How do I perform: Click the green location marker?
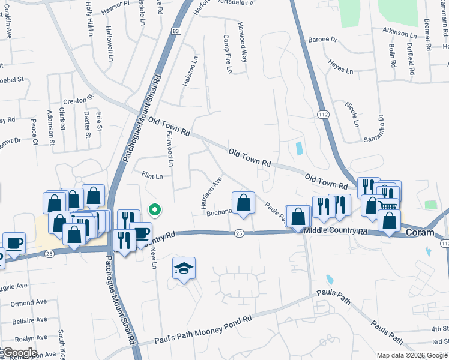pyautogui.click(x=154, y=210)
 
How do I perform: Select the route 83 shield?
pyautogui.click(x=175, y=31)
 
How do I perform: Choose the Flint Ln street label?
pyautogui.click(x=152, y=176)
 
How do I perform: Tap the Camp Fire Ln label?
pyautogui.click(x=227, y=54)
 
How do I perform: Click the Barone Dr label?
pyautogui.click(x=322, y=40)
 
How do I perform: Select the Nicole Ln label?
pyautogui.click(x=352, y=113)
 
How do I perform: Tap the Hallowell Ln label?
pyautogui.click(x=110, y=44)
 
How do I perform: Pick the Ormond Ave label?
pyautogui.click(x=28, y=302)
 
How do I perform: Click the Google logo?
pyautogui.click(x=19, y=353)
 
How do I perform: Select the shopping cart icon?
pyautogui.click(x=388, y=205)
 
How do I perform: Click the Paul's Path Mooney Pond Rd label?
pyautogui.click(x=203, y=332)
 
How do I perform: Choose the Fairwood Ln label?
pyautogui.click(x=169, y=150)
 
